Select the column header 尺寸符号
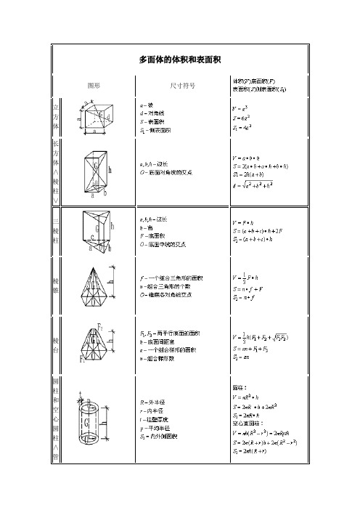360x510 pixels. pos(182,85)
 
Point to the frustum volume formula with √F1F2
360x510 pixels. pos(260,337)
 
